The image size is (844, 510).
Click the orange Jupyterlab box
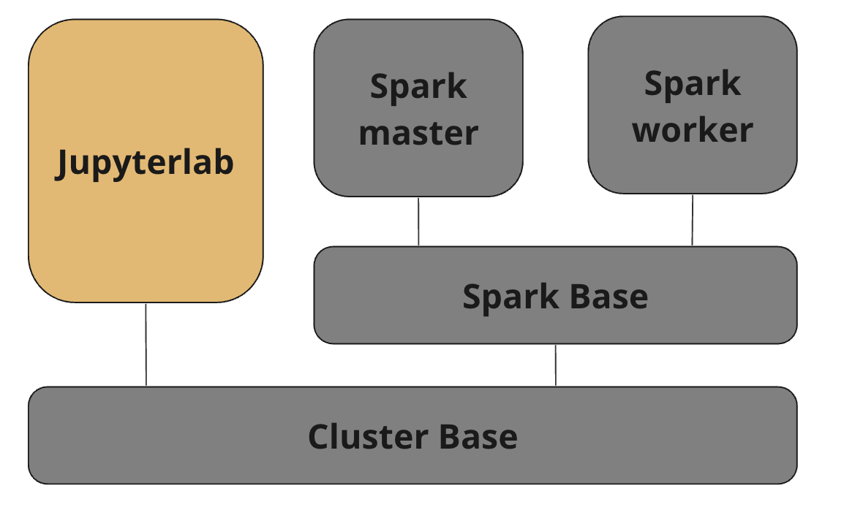pyautogui.click(x=146, y=161)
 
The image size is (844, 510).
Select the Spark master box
pyautogui.click(x=418, y=108)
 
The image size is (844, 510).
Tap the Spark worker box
pyautogui.click(x=693, y=105)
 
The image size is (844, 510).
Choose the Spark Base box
pyautogui.click(x=556, y=294)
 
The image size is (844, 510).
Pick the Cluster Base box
pyautogui.click(x=412, y=435)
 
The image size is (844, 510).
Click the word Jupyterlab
pyautogui.click(x=144, y=163)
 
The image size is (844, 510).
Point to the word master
pyautogui.click(x=418, y=133)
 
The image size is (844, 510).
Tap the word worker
pyautogui.click(x=693, y=129)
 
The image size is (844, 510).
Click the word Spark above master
pyautogui.click(x=418, y=87)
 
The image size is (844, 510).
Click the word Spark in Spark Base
pyautogui.click(x=510, y=297)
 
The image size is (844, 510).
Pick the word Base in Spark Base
pyautogui.click(x=608, y=297)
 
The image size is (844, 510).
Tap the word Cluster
pyautogui.click(x=368, y=436)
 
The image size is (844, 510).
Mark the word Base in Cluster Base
pyautogui.click(x=478, y=436)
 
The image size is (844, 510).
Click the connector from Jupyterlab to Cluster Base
pyautogui.click(x=146, y=345)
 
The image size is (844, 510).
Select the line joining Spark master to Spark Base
pyautogui.click(x=418, y=221)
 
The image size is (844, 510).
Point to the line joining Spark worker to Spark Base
pyautogui.click(x=692, y=220)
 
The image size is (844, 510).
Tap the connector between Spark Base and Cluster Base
pyautogui.click(x=556, y=365)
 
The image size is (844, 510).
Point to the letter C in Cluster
pyautogui.click(x=319, y=436)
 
